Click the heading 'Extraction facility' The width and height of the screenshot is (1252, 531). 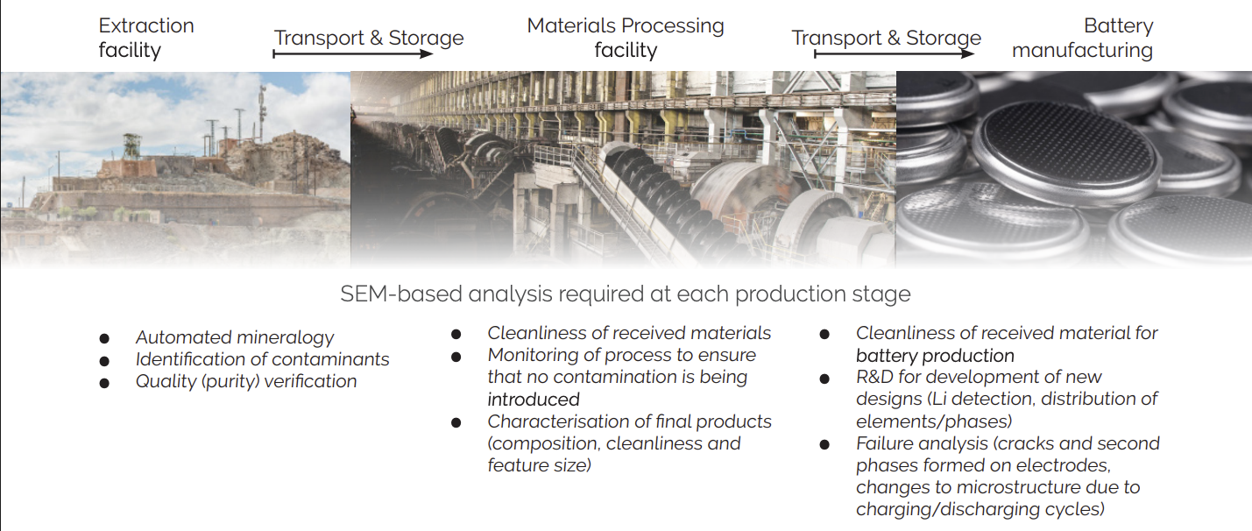pyautogui.click(x=146, y=38)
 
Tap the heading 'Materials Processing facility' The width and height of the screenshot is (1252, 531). pyautogui.click(x=626, y=38)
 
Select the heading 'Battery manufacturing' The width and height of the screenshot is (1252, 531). pyautogui.click(x=1083, y=38)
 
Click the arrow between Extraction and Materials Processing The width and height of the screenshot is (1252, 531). pyautogui.click(x=353, y=53)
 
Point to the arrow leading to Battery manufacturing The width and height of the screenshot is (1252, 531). pyautogui.click(x=895, y=53)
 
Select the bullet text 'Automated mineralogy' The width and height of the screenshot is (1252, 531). pyautogui.click(x=235, y=337)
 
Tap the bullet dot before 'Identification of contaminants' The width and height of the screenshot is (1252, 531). pyautogui.click(x=104, y=361)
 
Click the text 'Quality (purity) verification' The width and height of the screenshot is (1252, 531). pyautogui.click(x=246, y=382)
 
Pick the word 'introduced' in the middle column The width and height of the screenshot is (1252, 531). pyautogui.click(x=534, y=400)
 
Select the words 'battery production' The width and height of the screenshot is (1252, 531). pyautogui.click(x=935, y=356)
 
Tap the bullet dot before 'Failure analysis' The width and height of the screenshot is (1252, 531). pyautogui.click(x=824, y=445)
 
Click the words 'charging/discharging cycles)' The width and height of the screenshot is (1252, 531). pyautogui.click(x=980, y=509)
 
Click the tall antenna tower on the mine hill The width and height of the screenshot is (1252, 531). pyautogui.click(x=262, y=113)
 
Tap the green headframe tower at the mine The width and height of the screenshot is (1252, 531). pyautogui.click(x=131, y=146)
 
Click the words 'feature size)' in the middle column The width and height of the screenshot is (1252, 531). pyautogui.click(x=540, y=465)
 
